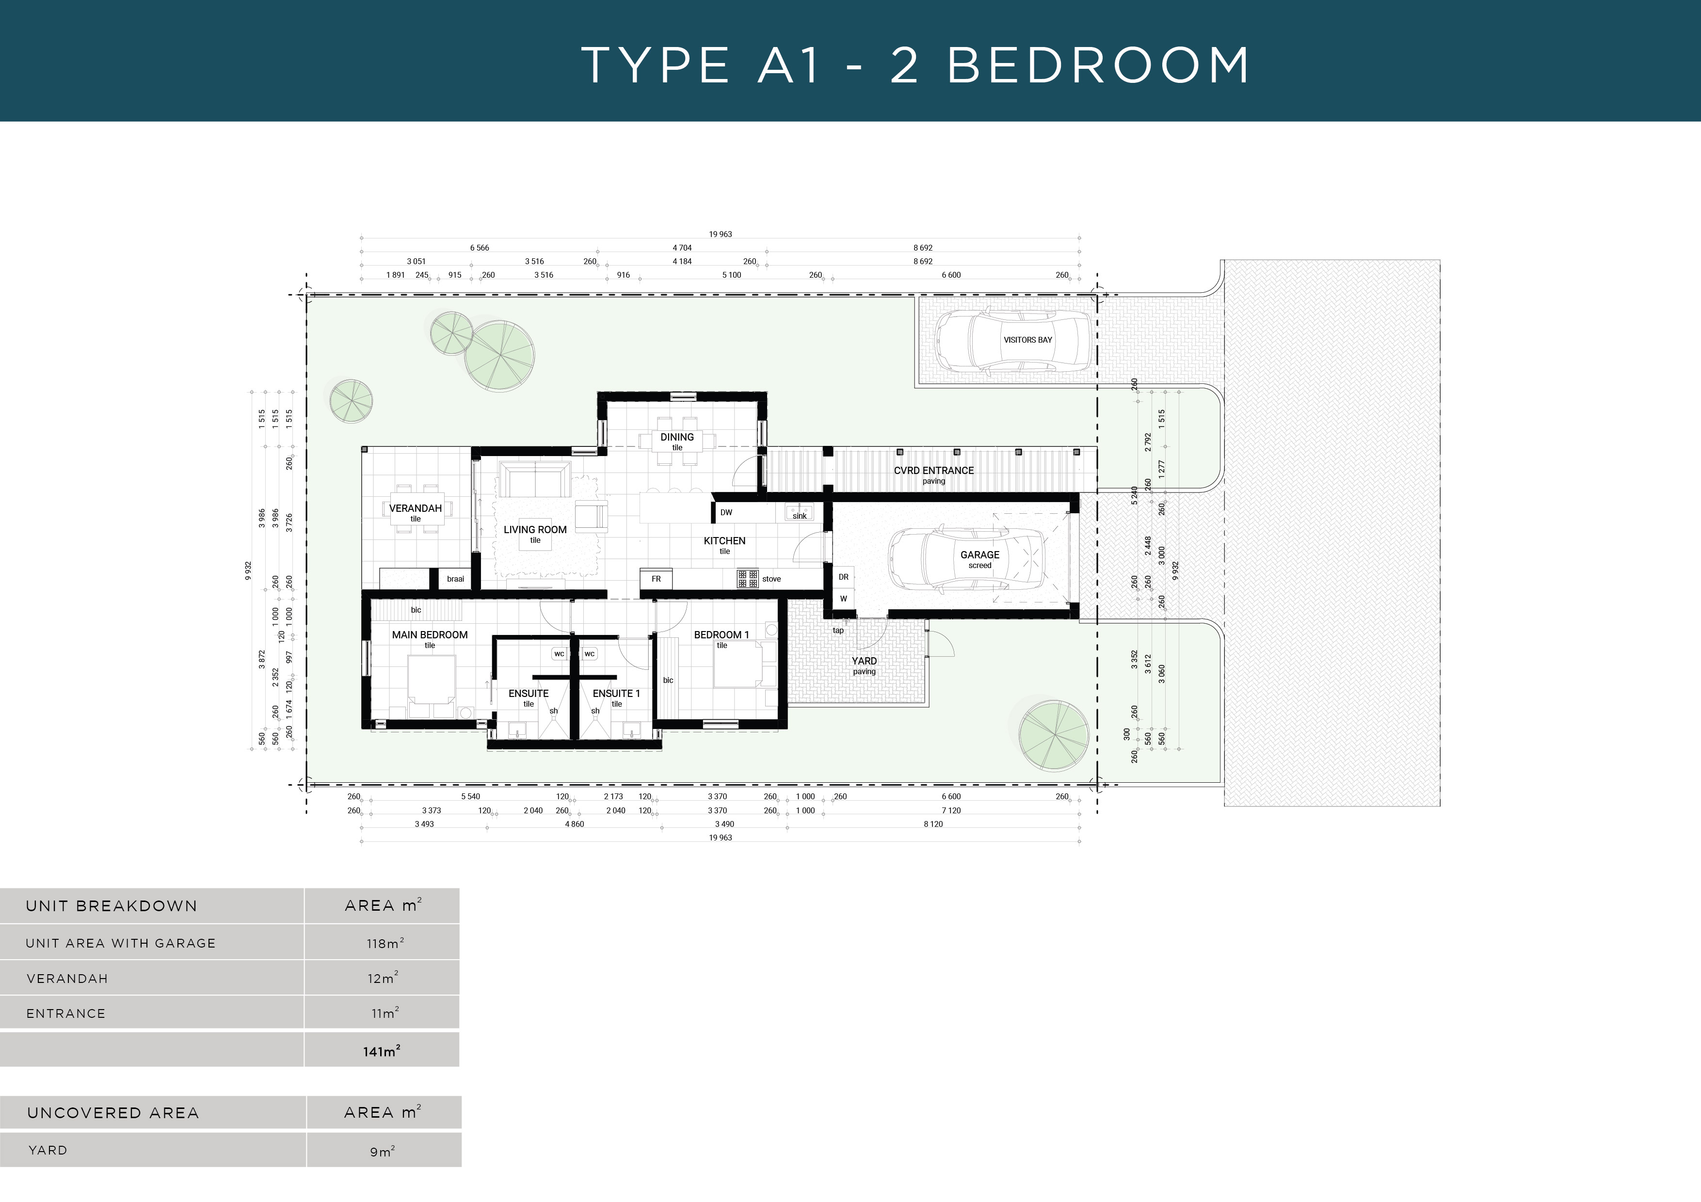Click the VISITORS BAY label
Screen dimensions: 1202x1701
pyautogui.click(x=1027, y=340)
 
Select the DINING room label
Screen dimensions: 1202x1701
pyautogui.click(x=676, y=437)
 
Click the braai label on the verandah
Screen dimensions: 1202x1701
pyautogui.click(x=455, y=578)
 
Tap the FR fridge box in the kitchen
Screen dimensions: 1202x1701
pyautogui.click(x=656, y=578)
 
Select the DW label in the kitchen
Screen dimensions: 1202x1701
pyautogui.click(x=726, y=512)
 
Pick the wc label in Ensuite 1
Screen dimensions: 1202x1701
pyautogui.click(x=590, y=654)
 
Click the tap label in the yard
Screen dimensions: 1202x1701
pyautogui.click(x=838, y=630)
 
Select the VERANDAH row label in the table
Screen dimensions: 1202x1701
pyautogui.click(x=67, y=979)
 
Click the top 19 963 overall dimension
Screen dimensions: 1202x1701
pyautogui.click(x=720, y=234)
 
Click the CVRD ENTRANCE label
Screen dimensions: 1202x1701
pyautogui.click(x=933, y=470)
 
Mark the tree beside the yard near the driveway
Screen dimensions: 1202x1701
pyautogui.click(x=1053, y=735)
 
